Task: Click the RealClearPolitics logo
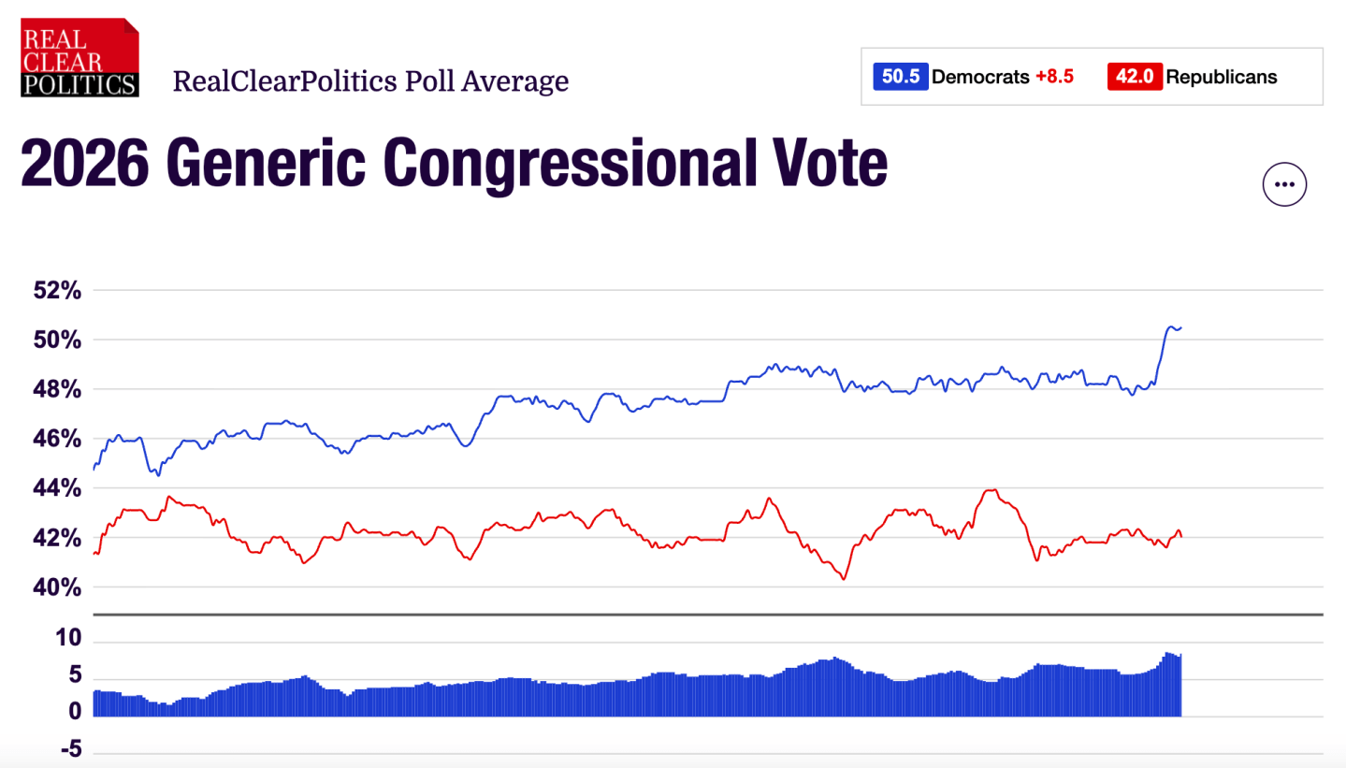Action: pyautogui.click(x=80, y=58)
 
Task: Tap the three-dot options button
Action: pyautogui.click(x=1284, y=184)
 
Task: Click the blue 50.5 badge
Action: pyautogui.click(x=900, y=77)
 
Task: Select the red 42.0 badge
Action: pyautogui.click(x=1135, y=77)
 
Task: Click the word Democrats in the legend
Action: pyautogui.click(x=980, y=77)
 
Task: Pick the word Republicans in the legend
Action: pyautogui.click(x=1222, y=77)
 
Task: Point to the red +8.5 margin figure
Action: pyautogui.click(x=1054, y=77)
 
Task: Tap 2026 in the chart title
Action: pyautogui.click(x=85, y=163)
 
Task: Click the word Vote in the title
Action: pyautogui.click(x=830, y=162)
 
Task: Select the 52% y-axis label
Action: pyautogui.click(x=57, y=290)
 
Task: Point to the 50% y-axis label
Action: pyautogui.click(x=57, y=340)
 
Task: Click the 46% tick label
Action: pyautogui.click(x=57, y=439)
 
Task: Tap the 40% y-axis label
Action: pyautogui.click(x=57, y=587)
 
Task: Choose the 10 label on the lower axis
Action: pyautogui.click(x=68, y=638)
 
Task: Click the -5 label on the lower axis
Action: pyautogui.click(x=71, y=749)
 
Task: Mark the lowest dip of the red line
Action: pyautogui.click(x=845, y=579)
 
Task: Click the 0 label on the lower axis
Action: pyautogui.click(x=75, y=712)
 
